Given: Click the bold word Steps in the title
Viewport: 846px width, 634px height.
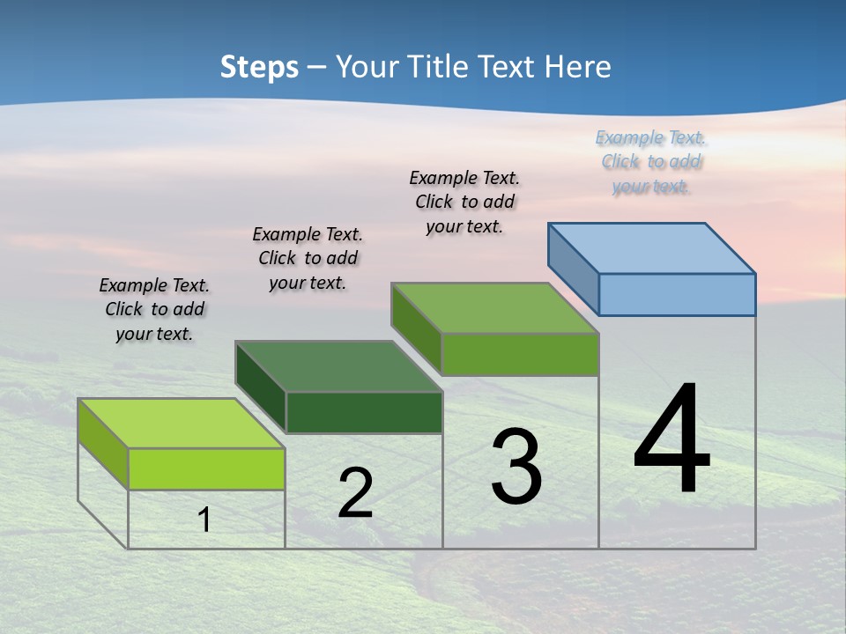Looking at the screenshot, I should pos(258,67).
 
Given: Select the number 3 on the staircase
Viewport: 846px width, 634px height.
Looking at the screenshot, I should pos(516,467).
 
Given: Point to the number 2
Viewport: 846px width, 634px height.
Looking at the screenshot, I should pos(355,493).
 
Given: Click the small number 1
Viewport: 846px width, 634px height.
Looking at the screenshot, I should pos(204,520).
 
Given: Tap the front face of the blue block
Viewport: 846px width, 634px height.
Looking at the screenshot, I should pos(677,294).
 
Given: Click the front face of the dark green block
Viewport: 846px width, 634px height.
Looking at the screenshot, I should pos(364,412).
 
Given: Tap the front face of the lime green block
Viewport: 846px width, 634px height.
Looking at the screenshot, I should pos(206,468).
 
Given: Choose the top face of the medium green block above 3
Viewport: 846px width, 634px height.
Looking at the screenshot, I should pos(495,308).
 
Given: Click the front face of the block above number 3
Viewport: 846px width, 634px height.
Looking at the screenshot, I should pos(520,354).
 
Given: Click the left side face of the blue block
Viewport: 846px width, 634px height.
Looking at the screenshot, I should pos(573,269).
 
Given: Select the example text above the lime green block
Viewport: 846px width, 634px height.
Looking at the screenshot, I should pos(154,309).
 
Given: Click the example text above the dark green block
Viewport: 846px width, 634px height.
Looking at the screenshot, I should pos(308,258).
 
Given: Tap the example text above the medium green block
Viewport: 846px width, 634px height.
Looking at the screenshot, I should pos(464,202).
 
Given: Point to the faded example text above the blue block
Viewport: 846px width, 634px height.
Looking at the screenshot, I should pos(651,162).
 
